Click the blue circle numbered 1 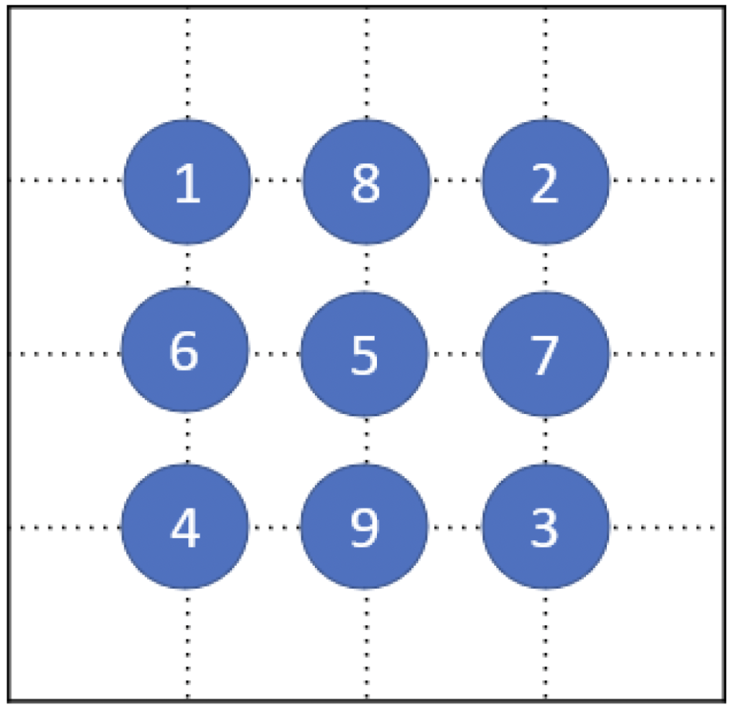coord(187,182)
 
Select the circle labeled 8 coord(366,182)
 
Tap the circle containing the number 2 coord(545,182)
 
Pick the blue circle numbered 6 coord(185,350)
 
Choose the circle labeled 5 coord(364,353)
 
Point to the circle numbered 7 coord(545,353)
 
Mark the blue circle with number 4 coord(185,527)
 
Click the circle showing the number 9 coord(364,527)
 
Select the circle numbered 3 coord(545,527)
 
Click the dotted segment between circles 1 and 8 coord(277,180)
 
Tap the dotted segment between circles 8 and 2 coord(456,180)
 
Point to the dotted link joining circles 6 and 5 coord(275,353)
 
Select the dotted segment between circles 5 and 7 coord(455,353)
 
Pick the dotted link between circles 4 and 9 coord(275,528)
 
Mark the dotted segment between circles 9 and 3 coord(455,528)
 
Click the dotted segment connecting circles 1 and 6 coord(187,265)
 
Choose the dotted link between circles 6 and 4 coord(187,438)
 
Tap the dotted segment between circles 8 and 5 coord(366,268)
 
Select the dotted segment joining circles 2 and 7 coord(545,268)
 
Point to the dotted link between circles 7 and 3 coord(545,440)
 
